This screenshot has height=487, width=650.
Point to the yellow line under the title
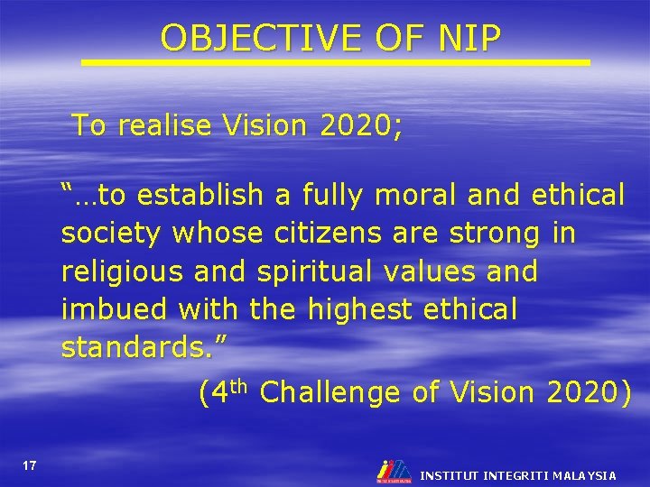335,62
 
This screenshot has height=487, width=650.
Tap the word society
111,234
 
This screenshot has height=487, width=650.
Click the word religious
123,271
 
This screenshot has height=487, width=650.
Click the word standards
126,347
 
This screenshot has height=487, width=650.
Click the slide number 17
30,465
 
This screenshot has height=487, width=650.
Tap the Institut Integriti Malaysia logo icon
392,471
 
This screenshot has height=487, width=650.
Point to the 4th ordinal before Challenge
223,391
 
